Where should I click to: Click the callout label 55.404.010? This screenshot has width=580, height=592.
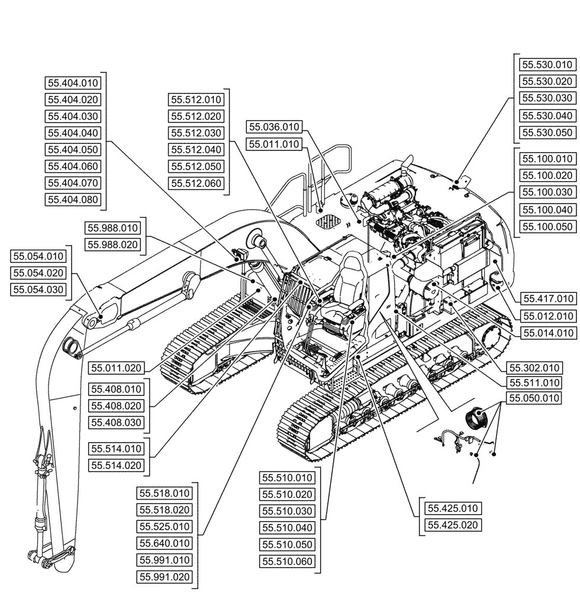coord(73,83)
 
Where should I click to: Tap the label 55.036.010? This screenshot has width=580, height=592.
coord(274,127)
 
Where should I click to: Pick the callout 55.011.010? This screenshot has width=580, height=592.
coord(274,144)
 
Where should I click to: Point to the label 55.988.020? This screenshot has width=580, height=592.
coord(112,244)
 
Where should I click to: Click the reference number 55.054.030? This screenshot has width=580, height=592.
coord(39,289)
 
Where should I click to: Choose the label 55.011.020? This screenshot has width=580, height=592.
coord(117,368)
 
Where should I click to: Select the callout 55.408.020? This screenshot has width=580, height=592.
coord(117,406)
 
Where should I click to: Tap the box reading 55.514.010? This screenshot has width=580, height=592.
coord(117,448)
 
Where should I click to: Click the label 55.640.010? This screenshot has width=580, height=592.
coord(165,543)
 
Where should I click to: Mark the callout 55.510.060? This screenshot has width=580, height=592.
coord(287,561)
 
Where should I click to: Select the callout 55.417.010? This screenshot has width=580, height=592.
coord(547,298)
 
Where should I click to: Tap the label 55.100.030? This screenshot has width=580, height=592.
coord(547,192)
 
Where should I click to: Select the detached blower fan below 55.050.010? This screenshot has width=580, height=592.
coord(478,417)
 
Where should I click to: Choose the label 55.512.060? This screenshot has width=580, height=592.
coord(196,184)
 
